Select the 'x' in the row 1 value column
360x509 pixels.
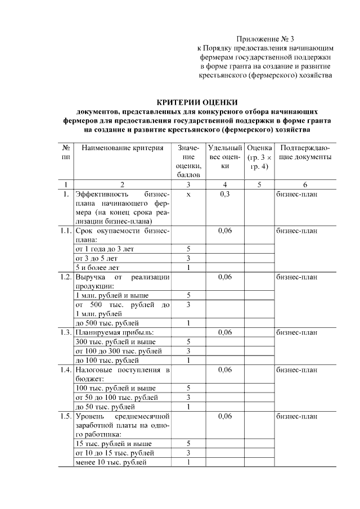pyautogui.click(x=188, y=194)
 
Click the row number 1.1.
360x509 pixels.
pyautogui.click(x=66, y=231)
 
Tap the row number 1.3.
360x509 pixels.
pyautogui.click(x=66, y=332)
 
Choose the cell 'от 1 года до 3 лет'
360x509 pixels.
pyautogui.click(x=105, y=249)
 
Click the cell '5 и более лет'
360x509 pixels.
pyautogui.click(x=98, y=267)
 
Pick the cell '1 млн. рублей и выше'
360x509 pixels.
pyautogui.click(x=109, y=295)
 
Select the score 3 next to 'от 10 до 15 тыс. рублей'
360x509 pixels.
pyautogui.click(x=188, y=453)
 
